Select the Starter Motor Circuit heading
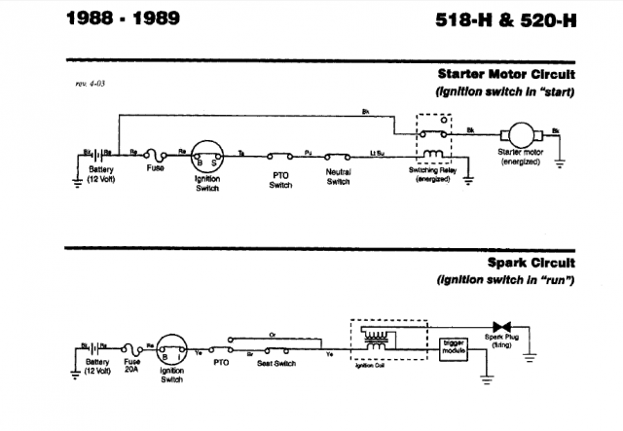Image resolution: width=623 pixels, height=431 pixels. (x=506, y=75)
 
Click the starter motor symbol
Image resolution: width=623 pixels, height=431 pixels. (x=515, y=132)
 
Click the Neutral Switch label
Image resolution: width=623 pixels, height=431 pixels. (x=337, y=178)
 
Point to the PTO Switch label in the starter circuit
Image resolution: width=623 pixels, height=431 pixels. (x=280, y=180)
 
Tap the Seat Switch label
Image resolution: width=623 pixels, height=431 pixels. (x=276, y=363)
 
